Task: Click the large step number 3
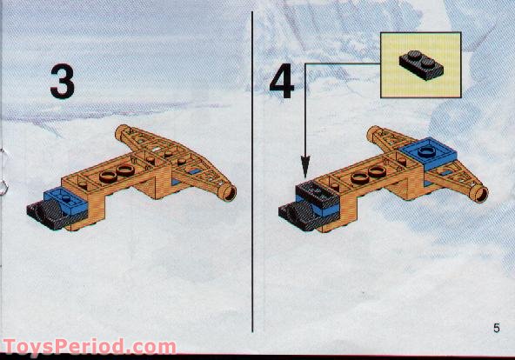coord(61,82)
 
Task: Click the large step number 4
coord(282,82)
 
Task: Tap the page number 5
coord(496,328)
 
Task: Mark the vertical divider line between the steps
coord(252,174)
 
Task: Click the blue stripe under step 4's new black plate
coord(324,207)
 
